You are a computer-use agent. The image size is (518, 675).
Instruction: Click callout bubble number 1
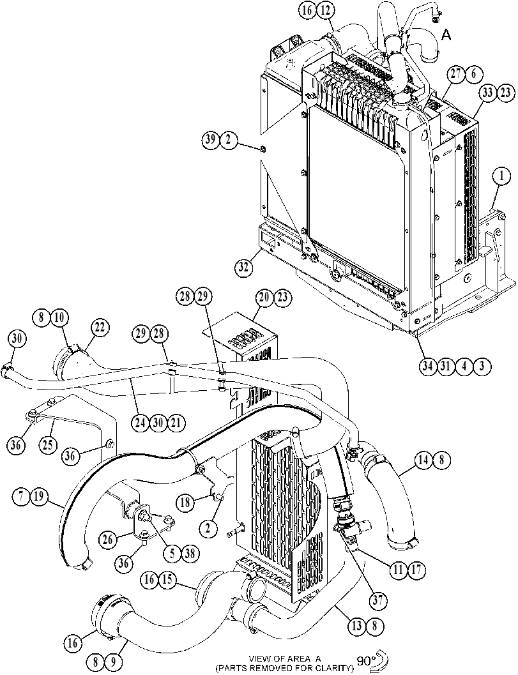[501, 176]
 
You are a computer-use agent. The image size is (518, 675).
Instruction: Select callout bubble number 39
[211, 140]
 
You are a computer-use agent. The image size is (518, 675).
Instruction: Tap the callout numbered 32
[244, 268]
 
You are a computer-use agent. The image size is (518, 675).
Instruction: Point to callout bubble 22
[100, 328]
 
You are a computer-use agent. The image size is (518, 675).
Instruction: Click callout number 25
[48, 444]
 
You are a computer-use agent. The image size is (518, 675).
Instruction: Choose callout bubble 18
[185, 503]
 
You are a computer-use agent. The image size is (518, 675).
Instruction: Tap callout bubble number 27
[456, 74]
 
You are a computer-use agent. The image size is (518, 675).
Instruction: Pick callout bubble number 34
[428, 367]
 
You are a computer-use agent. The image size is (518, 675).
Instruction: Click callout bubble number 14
[423, 460]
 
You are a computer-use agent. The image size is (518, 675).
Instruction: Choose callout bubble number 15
[167, 580]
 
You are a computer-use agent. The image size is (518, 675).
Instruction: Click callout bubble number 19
[38, 496]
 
